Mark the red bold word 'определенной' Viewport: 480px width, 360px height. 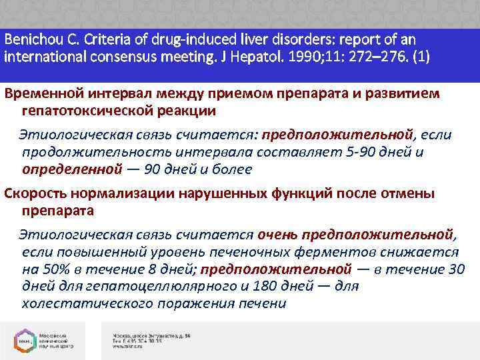(72, 169)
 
